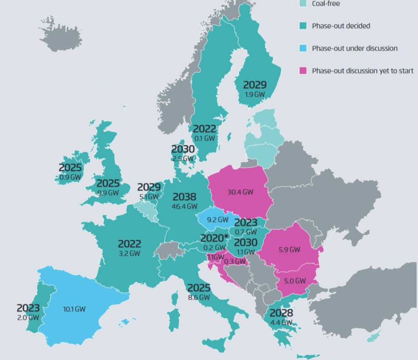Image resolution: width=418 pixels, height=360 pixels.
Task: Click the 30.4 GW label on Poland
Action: pyautogui.click(x=240, y=192)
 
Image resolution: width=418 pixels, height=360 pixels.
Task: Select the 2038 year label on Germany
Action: pyautogui.click(x=184, y=197)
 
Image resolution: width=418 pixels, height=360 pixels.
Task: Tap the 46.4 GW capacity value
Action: pyautogui.click(x=184, y=206)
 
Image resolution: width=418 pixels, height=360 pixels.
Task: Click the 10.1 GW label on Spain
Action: pyautogui.click(x=74, y=309)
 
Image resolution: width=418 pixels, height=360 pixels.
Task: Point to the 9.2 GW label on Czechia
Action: pyautogui.click(x=217, y=220)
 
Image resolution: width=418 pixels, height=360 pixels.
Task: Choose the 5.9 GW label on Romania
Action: pyautogui.click(x=289, y=249)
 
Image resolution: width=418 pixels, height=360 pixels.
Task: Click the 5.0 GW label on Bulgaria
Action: pyautogui.click(x=294, y=281)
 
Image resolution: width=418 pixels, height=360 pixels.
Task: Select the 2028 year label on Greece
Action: pyautogui.click(x=281, y=313)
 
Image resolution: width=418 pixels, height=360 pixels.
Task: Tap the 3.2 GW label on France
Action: pyautogui.click(x=129, y=253)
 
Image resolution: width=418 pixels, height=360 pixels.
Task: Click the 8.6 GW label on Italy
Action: pyautogui.click(x=198, y=297)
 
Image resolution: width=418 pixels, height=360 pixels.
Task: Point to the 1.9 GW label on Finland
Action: pyautogui.click(x=255, y=95)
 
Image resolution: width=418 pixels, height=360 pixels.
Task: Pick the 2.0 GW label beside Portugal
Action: pyautogui.click(x=28, y=318)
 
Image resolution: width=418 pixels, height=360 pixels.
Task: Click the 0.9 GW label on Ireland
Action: pyautogui.click(x=70, y=177)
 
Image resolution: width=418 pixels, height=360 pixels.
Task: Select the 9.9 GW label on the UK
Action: pyautogui.click(x=108, y=193)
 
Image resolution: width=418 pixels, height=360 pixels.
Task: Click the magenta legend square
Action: pyautogui.click(x=303, y=71)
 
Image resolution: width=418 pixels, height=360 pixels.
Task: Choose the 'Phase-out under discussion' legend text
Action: pyautogui.click(x=354, y=48)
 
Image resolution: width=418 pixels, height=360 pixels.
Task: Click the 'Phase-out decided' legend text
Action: pyautogui.click(x=341, y=26)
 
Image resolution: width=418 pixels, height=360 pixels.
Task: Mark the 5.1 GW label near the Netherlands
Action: pyautogui.click(x=149, y=196)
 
